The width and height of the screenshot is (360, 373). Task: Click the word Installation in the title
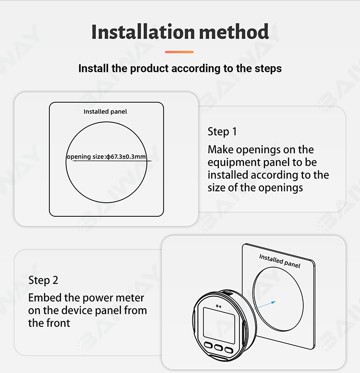[x=144, y=32]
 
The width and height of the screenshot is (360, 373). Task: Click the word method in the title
[x=234, y=32]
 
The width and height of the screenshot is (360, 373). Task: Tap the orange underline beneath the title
[x=180, y=52]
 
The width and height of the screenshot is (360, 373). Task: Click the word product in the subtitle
[x=150, y=69]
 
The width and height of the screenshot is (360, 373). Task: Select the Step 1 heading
[x=222, y=132]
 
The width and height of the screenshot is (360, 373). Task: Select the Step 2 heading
[x=43, y=280]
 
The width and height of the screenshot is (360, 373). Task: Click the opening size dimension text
[x=106, y=156]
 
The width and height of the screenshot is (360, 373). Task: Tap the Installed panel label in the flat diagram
[x=105, y=112]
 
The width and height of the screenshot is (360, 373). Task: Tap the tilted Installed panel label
[x=280, y=261]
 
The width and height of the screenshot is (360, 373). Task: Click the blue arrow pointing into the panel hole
[x=265, y=305]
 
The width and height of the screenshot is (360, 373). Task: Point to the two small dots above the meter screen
[x=218, y=306]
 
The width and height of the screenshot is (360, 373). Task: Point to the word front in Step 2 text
[x=59, y=323]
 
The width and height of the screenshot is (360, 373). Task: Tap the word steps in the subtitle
[x=268, y=69]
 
